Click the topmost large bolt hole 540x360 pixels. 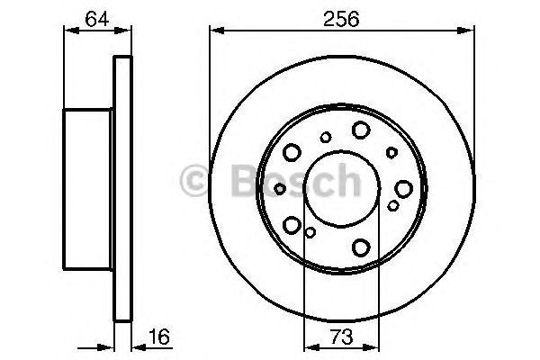(x=361, y=130)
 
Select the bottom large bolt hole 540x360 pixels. (x=361, y=247)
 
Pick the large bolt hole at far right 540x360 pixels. (x=402, y=188)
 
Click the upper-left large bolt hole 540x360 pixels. (x=292, y=152)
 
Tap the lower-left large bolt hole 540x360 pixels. (x=292, y=224)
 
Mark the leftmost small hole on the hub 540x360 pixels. (x=281, y=188)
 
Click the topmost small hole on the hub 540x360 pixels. (x=326, y=137)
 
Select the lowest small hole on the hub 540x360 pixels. (x=310, y=233)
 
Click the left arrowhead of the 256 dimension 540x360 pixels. (x=215, y=31)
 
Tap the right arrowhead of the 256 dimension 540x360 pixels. (x=471, y=31)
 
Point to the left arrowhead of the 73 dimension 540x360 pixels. (x=309, y=346)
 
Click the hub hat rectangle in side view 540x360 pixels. (x=88, y=188)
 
